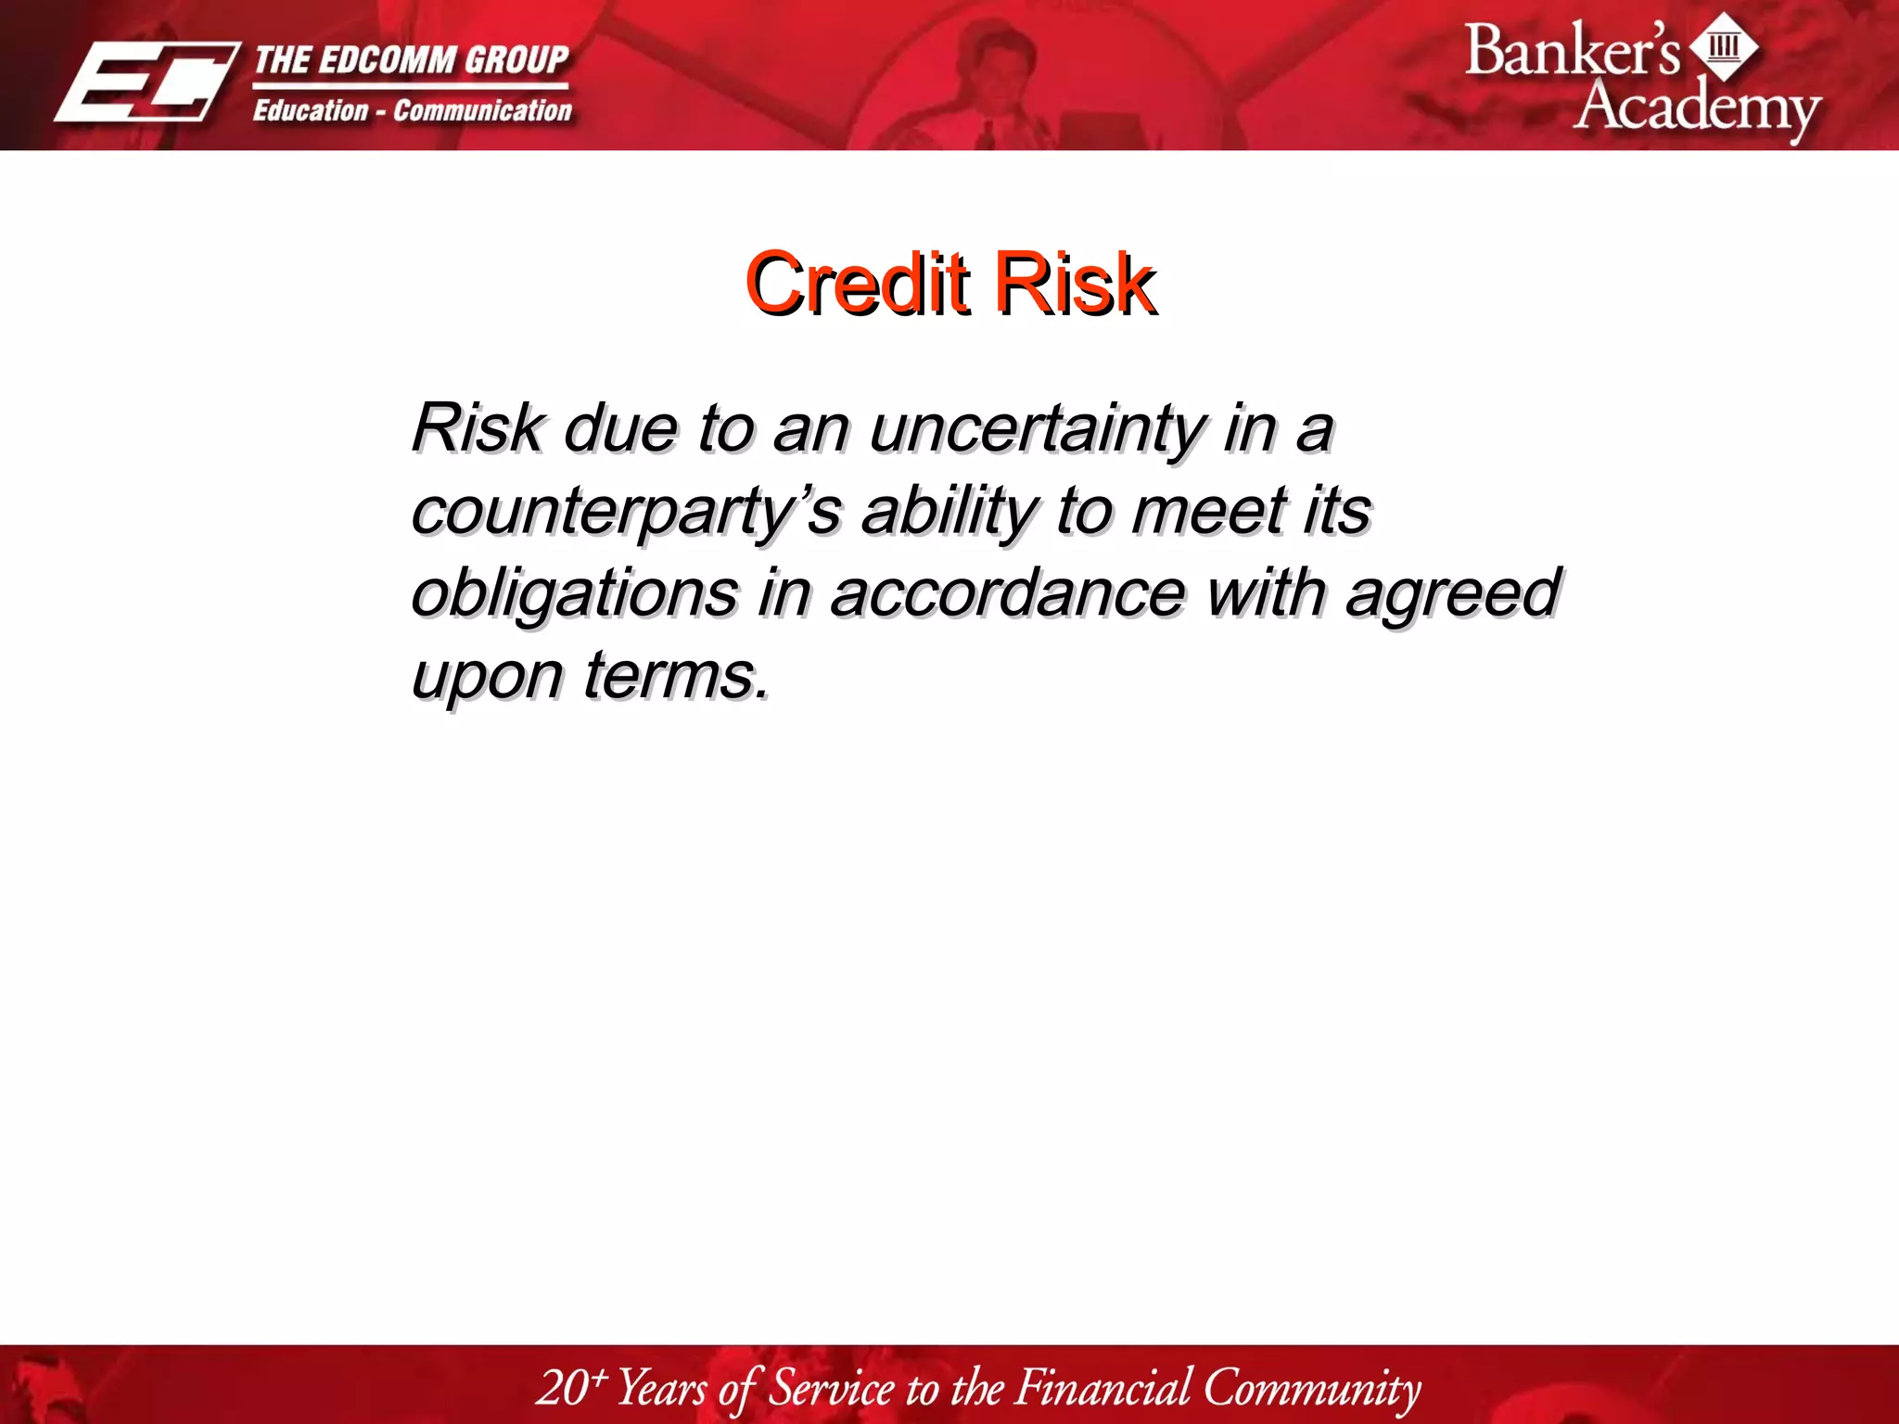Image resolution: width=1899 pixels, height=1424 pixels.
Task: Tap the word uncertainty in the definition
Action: click(x=1037, y=430)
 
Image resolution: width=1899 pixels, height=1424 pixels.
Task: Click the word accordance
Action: click(x=1007, y=593)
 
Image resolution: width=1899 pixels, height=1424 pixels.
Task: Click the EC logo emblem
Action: click(x=146, y=82)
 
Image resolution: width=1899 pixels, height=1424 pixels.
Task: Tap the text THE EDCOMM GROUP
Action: click(x=411, y=59)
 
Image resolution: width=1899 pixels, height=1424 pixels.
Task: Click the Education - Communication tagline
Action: click(x=413, y=110)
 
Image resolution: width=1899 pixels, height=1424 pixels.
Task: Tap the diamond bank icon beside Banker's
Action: click(x=1723, y=46)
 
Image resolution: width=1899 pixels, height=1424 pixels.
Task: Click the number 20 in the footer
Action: click(x=562, y=1388)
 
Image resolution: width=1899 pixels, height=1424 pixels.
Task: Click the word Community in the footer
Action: click(x=1311, y=1388)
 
